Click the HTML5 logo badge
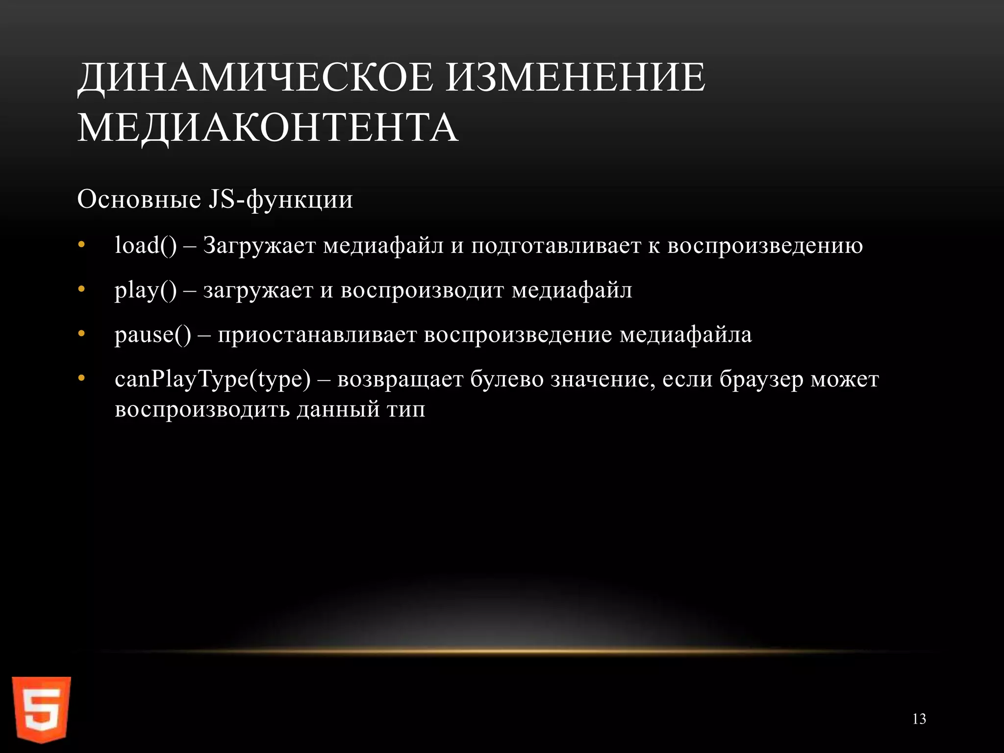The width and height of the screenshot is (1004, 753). coord(42,708)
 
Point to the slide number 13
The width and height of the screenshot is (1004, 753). coord(919,719)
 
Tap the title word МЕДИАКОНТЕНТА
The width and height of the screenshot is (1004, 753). coord(268,127)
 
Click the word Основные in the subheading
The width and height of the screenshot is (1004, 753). coord(139,200)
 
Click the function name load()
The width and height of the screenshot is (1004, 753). coord(146,245)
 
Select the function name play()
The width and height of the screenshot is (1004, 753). coord(146,290)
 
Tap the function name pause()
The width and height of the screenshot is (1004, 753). coord(153,335)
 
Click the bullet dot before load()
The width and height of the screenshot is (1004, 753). coord(81,245)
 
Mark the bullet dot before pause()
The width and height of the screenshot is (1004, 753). coord(81,334)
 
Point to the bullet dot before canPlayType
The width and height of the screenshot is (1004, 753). coord(81,379)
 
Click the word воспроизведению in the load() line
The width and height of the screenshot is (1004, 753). coord(765,246)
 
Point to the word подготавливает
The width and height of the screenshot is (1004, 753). coord(556,246)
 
